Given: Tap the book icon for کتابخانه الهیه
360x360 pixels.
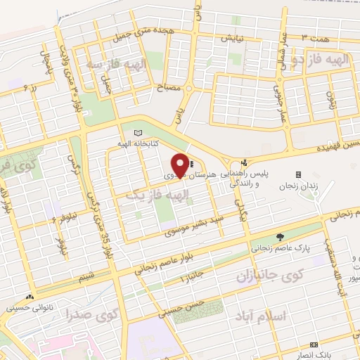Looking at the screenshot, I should pos(138,133).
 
